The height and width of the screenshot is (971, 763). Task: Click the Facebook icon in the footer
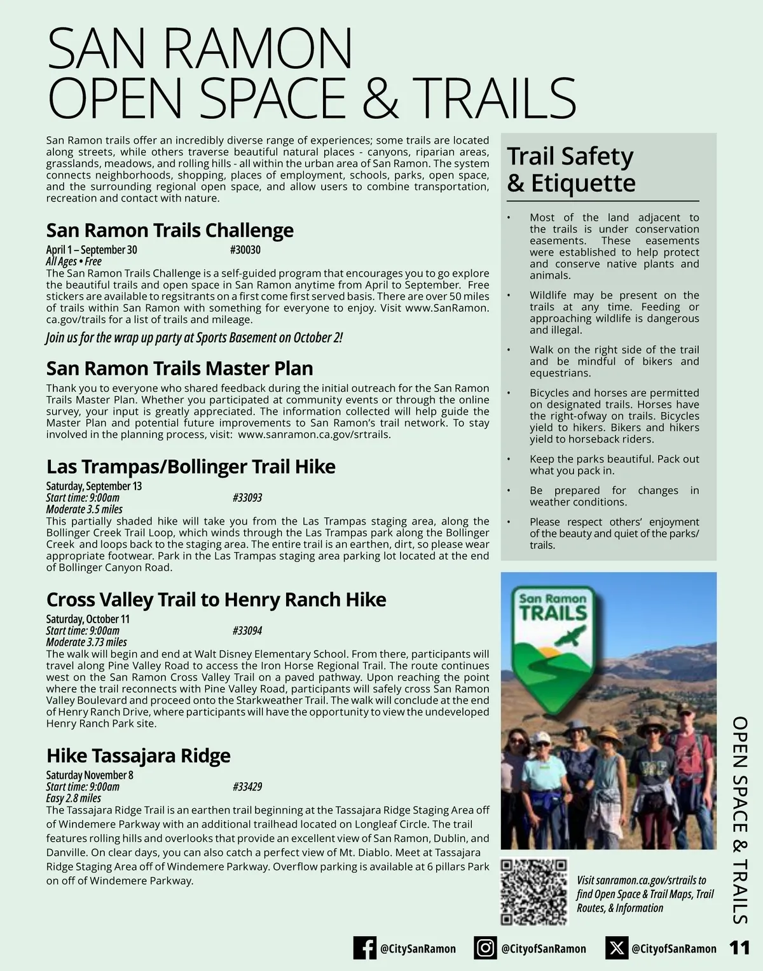(x=365, y=948)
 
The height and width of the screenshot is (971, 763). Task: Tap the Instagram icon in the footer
(x=485, y=948)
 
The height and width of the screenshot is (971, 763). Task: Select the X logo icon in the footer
(x=616, y=948)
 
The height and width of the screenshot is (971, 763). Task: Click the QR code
(x=533, y=892)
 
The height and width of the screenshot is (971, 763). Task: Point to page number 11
(x=739, y=948)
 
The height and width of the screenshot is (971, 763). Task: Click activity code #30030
(x=245, y=250)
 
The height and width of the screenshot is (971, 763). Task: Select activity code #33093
(x=247, y=498)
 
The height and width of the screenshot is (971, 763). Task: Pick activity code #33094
(x=247, y=631)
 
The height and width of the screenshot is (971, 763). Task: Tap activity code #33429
(x=247, y=787)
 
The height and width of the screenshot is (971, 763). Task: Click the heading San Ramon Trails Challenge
(x=170, y=230)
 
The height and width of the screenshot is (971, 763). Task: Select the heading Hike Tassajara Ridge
(x=138, y=755)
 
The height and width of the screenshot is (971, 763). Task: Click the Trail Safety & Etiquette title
(x=571, y=169)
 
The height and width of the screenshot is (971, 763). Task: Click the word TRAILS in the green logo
(x=553, y=613)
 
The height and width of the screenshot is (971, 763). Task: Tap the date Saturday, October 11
(x=88, y=619)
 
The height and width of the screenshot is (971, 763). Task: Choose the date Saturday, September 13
(x=93, y=486)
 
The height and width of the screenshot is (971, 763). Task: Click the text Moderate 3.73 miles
(x=86, y=642)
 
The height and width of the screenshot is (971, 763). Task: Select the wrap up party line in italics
(x=194, y=338)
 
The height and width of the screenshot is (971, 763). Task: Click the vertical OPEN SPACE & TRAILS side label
(x=739, y=820)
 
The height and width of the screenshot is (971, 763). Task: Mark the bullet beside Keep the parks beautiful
(x=509, y=459)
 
